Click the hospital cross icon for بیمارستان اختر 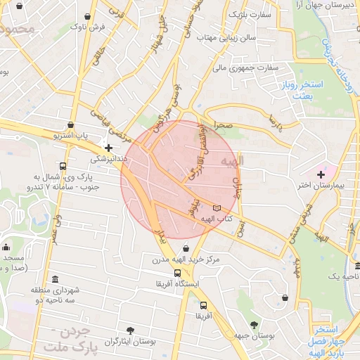pos(321,174)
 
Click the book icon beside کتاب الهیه pos(216,208)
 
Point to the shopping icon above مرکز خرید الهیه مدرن pos(186,247)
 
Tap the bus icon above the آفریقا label pos(203,306)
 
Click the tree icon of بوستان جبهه pos(254,325)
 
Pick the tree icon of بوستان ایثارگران pos(130,330)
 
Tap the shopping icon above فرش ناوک pos(87,15)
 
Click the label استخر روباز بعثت pos(307,89)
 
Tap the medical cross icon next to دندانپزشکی pos(108,148)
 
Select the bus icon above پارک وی pos(63,167)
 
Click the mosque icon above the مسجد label pos(6,247)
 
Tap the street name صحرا pos(224,124)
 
